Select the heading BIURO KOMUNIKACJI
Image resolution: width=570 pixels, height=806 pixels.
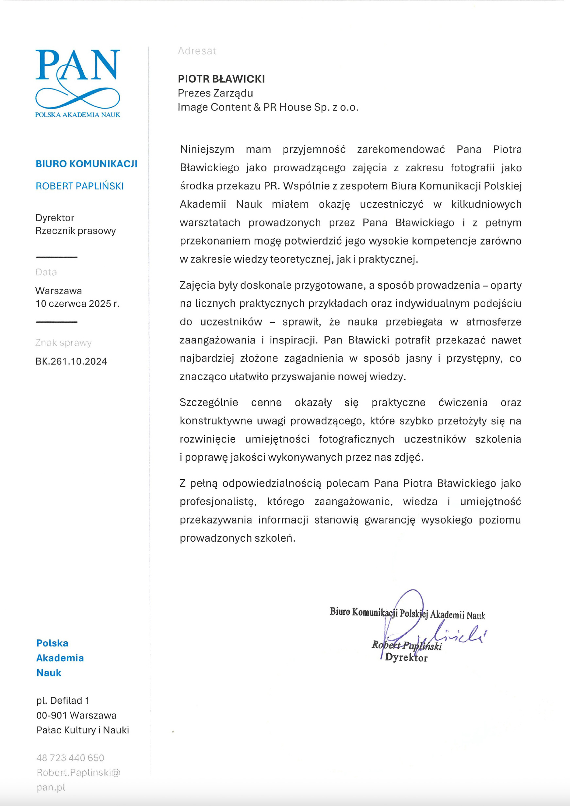(86, 164)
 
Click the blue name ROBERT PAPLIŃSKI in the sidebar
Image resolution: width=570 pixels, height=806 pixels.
(80, 186)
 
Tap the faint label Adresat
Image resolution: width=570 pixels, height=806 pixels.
(196, 51)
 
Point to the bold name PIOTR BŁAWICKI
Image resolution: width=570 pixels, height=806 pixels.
(221, 79)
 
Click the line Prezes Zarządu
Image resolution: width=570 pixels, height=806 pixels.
(215, 93)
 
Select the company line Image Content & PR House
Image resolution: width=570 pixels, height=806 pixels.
(268, 107)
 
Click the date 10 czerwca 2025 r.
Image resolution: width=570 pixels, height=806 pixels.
(77, 304)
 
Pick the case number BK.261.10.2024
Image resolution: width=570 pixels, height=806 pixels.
(71, 361)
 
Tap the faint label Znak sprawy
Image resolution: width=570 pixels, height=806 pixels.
(63, 343)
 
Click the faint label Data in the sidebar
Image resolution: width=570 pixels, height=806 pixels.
(46, 272)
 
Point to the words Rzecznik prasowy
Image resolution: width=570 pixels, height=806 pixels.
(75, 231)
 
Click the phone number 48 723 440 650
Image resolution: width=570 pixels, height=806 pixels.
(70, 758)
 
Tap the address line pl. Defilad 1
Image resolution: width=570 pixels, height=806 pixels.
(63, 700)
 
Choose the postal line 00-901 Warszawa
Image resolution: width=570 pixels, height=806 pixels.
(76, 715)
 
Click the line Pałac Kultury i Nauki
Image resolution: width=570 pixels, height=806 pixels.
(82, 730)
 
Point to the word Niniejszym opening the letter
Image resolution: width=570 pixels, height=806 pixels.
(207, 150)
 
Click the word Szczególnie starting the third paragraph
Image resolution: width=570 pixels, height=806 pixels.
(209, 402)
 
